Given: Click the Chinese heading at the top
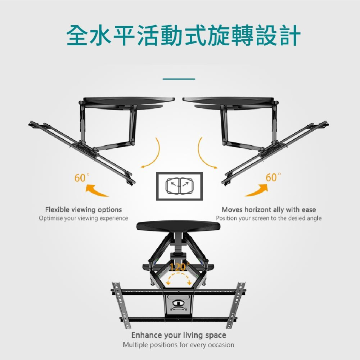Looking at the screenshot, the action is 183,36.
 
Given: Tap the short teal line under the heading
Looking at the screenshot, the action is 179,79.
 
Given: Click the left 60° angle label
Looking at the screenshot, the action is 82,177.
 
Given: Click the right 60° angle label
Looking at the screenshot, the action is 273,177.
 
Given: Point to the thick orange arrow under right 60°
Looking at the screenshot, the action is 257,190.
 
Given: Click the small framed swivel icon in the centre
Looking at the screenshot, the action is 179,186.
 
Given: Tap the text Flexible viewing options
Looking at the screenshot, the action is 84,210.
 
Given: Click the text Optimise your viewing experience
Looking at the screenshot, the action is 84,218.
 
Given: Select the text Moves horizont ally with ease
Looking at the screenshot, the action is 269,210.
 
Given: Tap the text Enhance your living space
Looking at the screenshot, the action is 179,335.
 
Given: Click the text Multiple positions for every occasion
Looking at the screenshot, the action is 179,345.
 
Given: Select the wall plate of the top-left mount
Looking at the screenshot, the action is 129,100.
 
